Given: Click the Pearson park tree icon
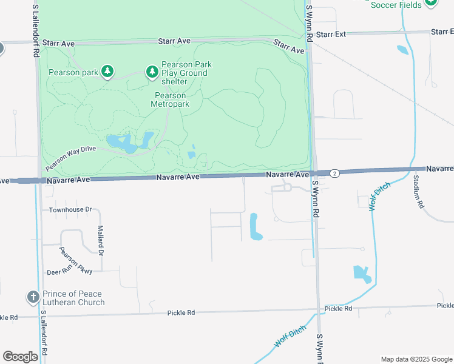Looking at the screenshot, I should pyautogui.click(x=107, y=72).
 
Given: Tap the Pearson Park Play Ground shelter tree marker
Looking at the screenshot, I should pyautogui.click(x=151, y=73).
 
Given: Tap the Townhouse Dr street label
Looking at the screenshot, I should pyautogui.click(x=70, y=210).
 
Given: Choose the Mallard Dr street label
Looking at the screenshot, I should pyautogui.click(x=101, y=240).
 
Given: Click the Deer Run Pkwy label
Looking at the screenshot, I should pyautogui.click(x=70, y=272).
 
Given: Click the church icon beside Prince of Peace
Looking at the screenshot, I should pyautogui.click(x=33, y=297).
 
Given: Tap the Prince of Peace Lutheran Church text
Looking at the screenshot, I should pyautogui.click(x=73, y=298).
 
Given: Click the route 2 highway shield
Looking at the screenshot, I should pyautogui.click(x=334, y=174).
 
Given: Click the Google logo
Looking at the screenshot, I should pyautogui.click(x=20, y=357).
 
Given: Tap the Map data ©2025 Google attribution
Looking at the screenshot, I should pyautogui.click(x=416, y=359).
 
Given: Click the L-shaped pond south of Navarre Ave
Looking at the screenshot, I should pyautogui.click(x=254, y=227).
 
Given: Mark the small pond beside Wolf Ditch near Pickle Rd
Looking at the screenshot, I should pyautogui.click(x=361, y=274).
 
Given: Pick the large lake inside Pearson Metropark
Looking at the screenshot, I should pyautogui.click(x=121, y=143).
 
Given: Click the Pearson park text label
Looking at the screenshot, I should pyautogui.click(x=73, y=73).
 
